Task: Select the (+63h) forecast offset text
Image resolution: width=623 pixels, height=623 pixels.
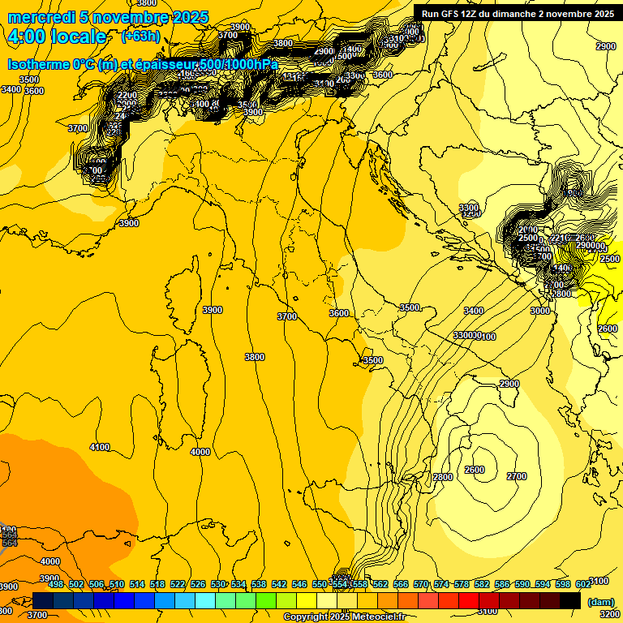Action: pyautogui.click(x=140, y=36)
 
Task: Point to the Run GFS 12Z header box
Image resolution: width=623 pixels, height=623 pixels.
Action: pyautogui.click(x=517, y=13)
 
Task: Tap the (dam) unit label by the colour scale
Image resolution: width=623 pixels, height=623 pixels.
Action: pyautogui.click(x=599, y=602)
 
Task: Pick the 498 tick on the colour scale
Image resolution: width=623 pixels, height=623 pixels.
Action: pyautogui.click(x=56, y=584)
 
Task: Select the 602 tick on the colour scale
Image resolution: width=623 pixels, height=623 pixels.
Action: pyautogui.click(x=583, y=584)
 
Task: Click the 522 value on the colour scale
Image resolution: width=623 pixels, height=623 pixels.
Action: pyautogui.click(x=178, y=584)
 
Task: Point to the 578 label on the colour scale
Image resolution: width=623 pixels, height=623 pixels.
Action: pyautogui.click(x=462, y=584)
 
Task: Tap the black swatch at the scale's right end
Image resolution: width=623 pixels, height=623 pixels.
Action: pyautogui.click(x=570, y=600)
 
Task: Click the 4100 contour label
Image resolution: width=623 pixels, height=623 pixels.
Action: pyautogui.click(x=100, y=447)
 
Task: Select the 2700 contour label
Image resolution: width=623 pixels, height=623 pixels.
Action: pyautogui.click(x=516, y=476)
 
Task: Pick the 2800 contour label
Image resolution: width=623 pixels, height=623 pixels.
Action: pyautogui.click(x=443, y=477)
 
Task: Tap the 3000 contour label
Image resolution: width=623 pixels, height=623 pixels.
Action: pyautogui.click(x=540, y=311)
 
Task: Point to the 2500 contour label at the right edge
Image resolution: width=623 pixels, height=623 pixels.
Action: pyautogui.click(x=608, y=259)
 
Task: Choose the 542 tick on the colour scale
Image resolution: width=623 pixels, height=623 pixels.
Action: pyautogui.click(x=279, y=584)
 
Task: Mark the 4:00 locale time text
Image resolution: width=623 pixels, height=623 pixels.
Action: pyautogui.click(x=56, y=37)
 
